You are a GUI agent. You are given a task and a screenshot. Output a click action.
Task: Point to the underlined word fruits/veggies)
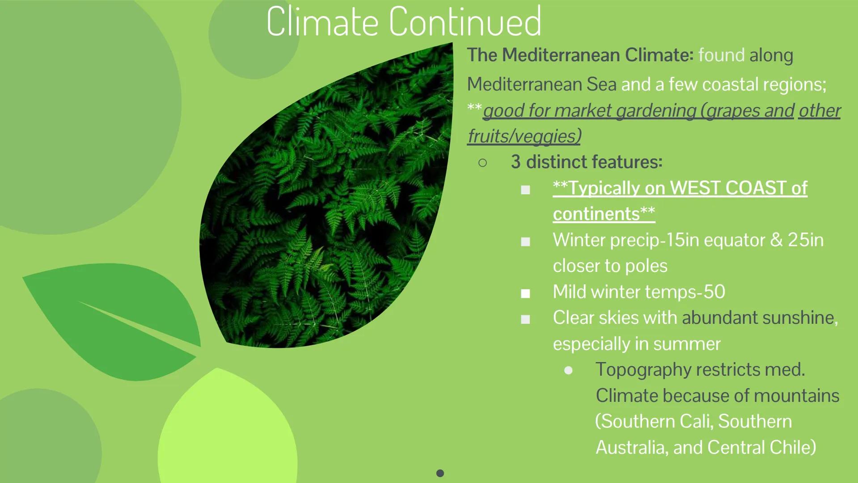524,136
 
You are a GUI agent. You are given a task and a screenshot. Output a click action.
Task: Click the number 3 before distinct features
516,162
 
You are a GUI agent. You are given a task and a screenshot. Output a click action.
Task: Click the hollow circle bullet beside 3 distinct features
482,163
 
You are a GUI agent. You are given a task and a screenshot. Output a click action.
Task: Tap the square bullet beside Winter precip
525,242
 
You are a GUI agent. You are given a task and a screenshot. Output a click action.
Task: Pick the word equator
734,240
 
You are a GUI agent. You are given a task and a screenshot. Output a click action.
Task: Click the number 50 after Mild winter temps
714,292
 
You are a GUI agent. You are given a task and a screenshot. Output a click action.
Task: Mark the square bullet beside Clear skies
525,319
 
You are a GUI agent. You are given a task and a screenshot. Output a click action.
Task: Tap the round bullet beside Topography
568,370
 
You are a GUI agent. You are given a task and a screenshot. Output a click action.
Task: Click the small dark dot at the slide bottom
440,473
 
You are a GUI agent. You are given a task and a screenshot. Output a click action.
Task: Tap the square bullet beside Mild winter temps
525,294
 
